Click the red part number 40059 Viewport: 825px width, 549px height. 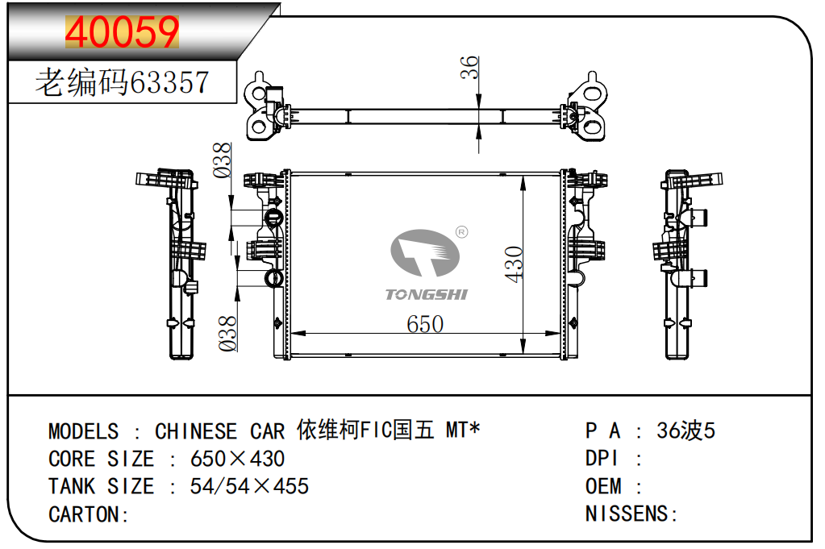122,31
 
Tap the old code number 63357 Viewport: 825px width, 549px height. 169,82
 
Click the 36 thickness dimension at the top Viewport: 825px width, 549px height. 469,67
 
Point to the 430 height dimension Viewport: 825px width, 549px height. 514,264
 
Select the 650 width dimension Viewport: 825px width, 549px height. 425,324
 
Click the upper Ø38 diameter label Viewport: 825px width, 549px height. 222,160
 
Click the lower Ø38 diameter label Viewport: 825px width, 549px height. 227,334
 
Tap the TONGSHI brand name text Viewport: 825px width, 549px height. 426,294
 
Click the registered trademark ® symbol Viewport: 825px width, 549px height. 461,232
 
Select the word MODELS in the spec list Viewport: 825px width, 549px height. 84,431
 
